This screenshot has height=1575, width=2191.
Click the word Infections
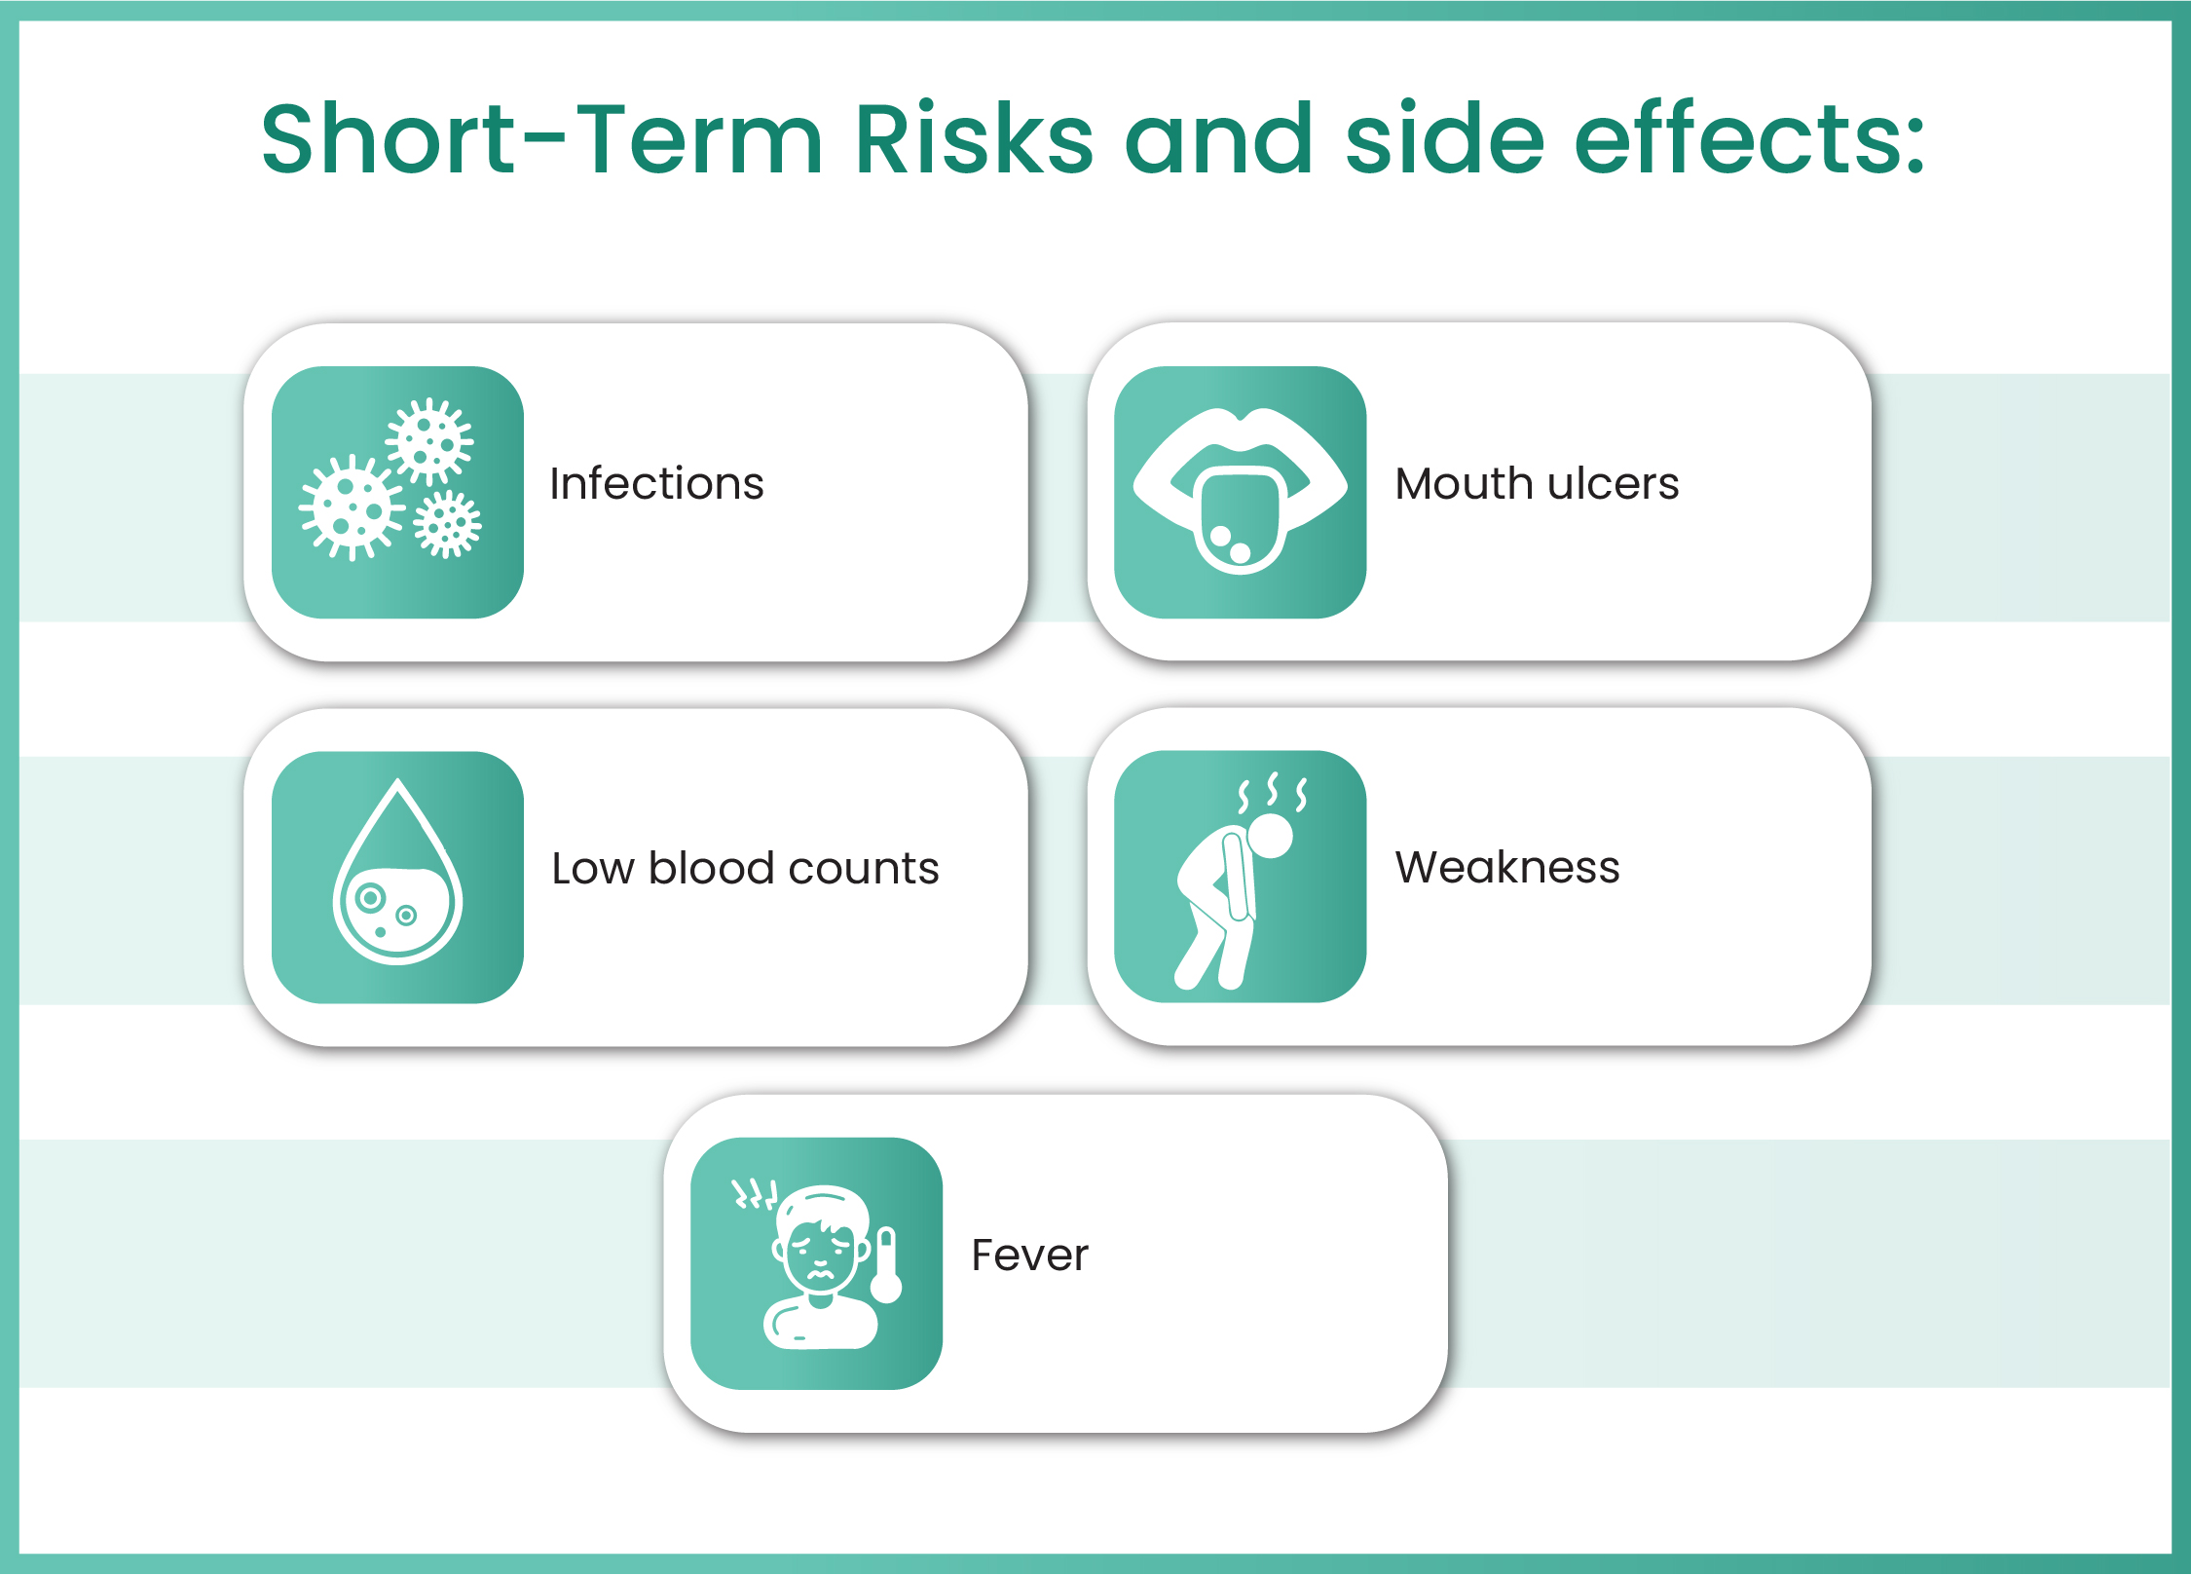tap(656, 484)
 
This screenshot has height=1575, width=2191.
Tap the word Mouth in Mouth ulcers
tap(1457, 484)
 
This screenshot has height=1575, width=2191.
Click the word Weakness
tap(1506, 867)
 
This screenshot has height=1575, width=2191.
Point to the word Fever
tap(1029, 1255)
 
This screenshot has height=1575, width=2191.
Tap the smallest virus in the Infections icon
tap(447, 525)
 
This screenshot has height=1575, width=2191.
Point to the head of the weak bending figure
tap(1269, 835)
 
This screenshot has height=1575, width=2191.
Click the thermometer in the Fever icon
tap(886, 1266)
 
